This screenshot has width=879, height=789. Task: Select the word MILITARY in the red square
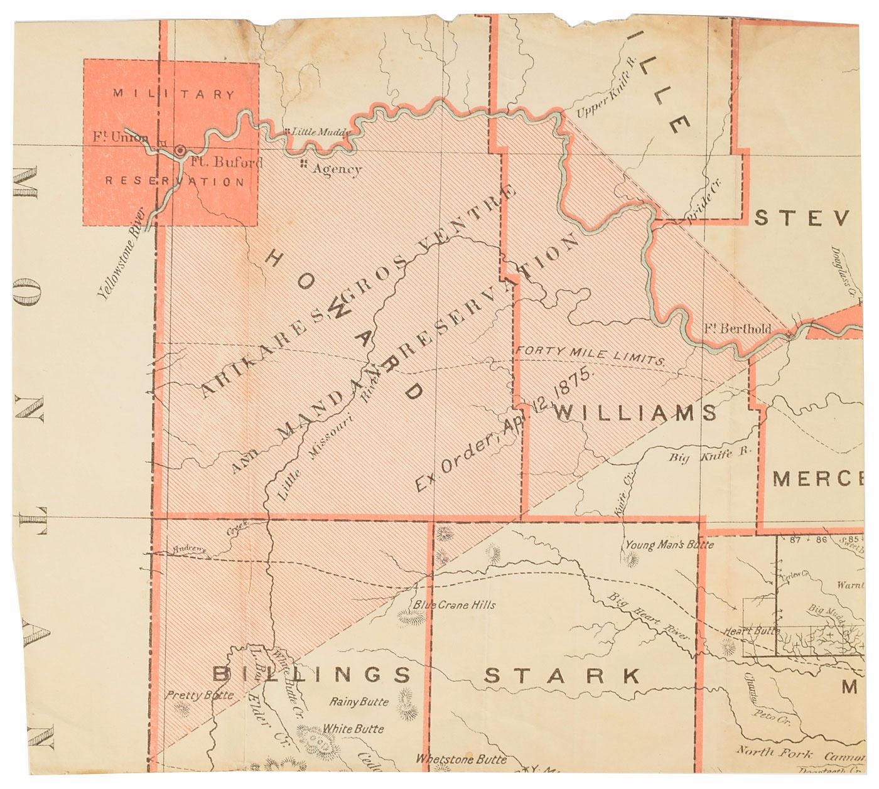174,95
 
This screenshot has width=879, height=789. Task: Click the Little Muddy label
318,132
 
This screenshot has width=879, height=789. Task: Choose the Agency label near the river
337,169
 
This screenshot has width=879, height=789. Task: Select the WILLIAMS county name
635,412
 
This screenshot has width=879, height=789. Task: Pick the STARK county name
563,676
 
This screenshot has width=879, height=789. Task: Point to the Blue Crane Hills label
454,605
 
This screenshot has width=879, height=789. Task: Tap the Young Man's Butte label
669,545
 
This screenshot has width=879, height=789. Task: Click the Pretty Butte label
199,695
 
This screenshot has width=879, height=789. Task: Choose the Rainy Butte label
359,701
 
